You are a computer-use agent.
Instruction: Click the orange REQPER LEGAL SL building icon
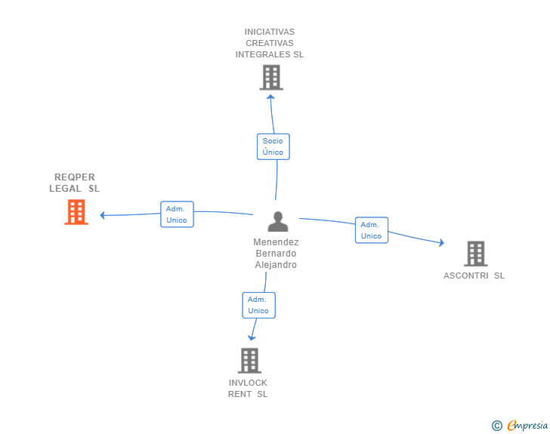coord(76,212)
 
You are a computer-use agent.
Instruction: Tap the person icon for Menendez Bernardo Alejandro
coord(278,221)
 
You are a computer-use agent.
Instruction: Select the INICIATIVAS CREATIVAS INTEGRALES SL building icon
coord(270,77)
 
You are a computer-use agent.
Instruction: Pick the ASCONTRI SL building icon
coord(475,254)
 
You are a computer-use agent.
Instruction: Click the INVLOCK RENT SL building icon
coord(249,360)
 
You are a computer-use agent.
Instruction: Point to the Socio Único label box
coord(273,146)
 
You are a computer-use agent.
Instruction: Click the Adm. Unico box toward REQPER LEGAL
coord(177,214)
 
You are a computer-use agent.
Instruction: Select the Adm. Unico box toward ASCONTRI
coord(371,230)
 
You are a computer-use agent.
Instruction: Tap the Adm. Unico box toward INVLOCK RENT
coord(258,305)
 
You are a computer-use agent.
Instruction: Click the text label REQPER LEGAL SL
coord(74,183)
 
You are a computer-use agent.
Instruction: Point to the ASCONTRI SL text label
coord(474,275)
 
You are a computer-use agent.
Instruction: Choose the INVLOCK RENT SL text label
coord(248,388)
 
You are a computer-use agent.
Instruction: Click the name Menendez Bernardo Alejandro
coord(276,254)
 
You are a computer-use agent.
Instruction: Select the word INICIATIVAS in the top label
coord(270,32)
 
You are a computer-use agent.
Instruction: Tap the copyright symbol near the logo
coord(496,426)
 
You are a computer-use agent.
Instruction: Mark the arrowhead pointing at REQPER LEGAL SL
coord(104,215)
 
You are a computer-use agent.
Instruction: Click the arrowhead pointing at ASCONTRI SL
coord(440,242)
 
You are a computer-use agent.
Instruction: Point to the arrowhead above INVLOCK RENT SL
coord(252,337)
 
